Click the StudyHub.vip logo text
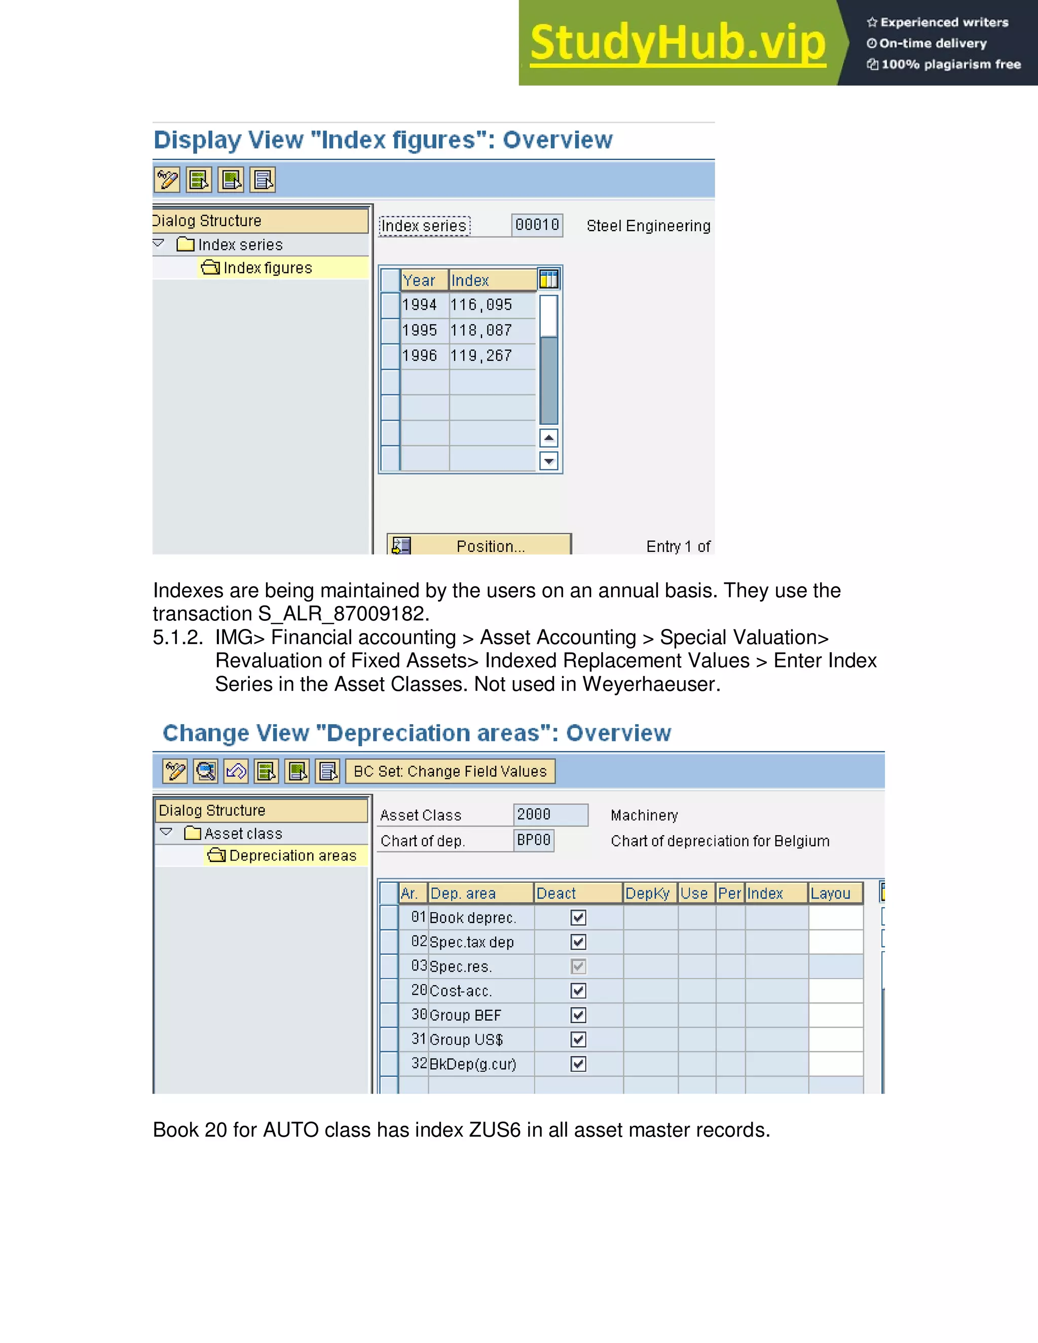pyautogui.click(x=677, y=43)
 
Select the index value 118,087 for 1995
pyautogui.click(x=481, y=330)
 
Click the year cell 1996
pyautogui.click(x=419, y=355)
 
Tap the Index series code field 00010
pyautogui.click(x=537, y=225)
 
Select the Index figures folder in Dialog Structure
pyautogui.click(x=267, y=268)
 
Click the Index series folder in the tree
pyautogui.click(x=240, y=245)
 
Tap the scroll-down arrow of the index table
pyautogui.click(x=548, y=460)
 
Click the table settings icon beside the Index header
pyautogui.click(x=548, y=280)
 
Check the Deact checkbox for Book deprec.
pyautogui.click(x=578, y=917)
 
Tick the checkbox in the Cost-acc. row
pyautogui.click(x=578, y=991)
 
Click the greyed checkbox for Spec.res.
pyautogui.click(x=578, y=966)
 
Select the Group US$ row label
pyautogui.click(x=466, y=1039)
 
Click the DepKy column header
pyautogui.click(x=648, y=893)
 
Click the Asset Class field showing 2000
pyautogui.click(x=550, y=815)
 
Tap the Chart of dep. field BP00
pyautogui.click(x=534, y=840)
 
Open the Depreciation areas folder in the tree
pyautogui.click(x=291, y=855)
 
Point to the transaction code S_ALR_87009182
pyautogui.click(x=341, y=614)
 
